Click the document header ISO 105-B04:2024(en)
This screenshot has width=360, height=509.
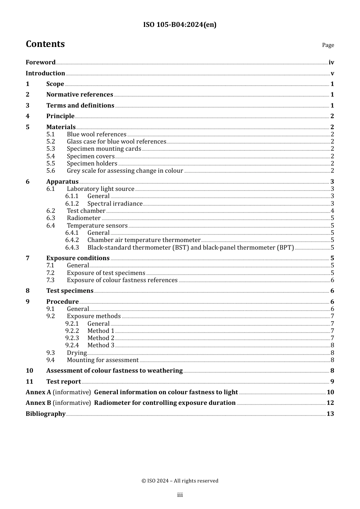180,25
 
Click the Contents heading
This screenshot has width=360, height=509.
45,44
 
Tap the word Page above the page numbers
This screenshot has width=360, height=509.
328,45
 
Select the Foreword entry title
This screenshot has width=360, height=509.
41,62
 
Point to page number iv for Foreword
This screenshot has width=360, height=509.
331,62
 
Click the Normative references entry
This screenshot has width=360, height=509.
80,95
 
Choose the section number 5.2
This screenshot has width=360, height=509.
51,142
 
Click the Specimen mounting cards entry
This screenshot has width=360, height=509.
104,149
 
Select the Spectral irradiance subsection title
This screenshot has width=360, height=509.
115,204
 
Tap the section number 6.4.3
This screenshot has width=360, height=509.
72,248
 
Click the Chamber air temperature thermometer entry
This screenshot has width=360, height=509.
144,240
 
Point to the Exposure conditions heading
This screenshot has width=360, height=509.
78,258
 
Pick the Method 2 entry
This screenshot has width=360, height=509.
101,338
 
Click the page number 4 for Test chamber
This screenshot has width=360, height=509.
332,211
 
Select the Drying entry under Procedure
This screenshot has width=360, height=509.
77,353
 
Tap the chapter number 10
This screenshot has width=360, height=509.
30,371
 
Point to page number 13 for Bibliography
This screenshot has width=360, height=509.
330,414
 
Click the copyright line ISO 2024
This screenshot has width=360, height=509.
180,481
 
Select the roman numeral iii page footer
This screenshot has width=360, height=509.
180,495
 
